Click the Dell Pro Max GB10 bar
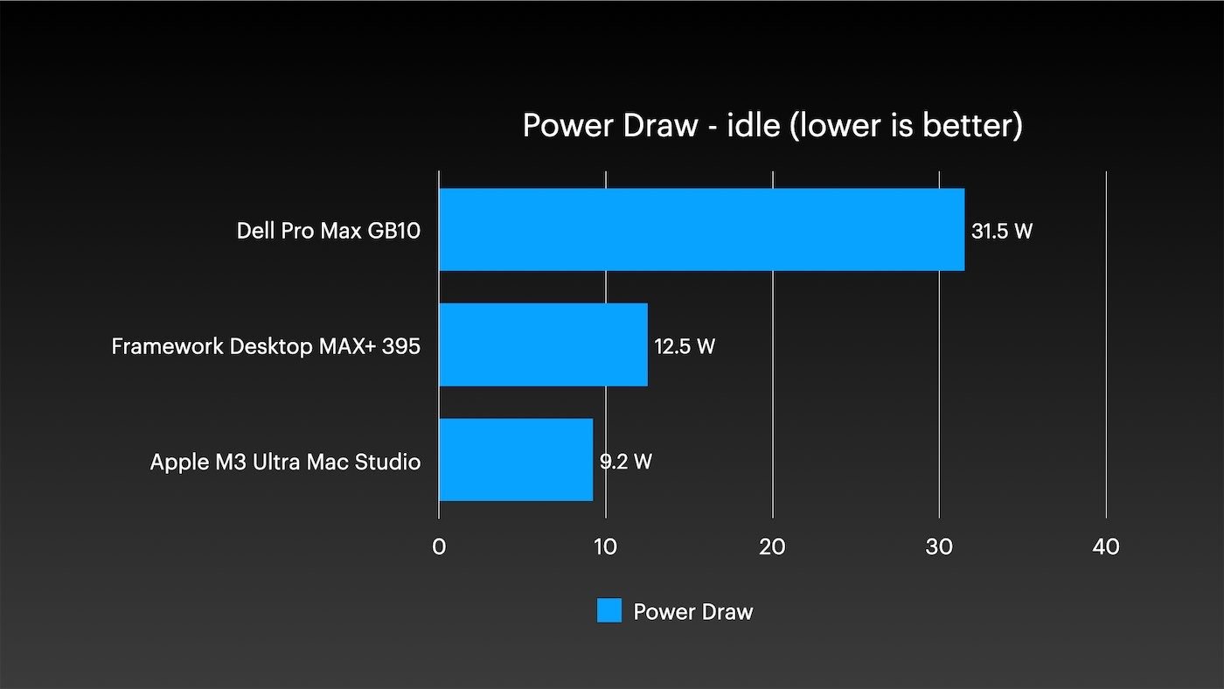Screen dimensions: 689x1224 (701, 229)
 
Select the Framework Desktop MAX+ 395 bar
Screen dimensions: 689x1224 (543, 344)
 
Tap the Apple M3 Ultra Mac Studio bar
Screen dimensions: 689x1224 (516, 460)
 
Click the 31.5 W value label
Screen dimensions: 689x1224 (1002, 233)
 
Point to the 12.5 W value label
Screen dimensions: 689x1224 (685, 347)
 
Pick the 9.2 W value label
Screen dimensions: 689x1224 (626, 462)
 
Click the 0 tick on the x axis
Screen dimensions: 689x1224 (439, 546)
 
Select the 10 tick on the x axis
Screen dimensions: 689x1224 (606, 546)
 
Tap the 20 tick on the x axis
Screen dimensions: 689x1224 (772, 546)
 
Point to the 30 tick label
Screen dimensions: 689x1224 (939, 546)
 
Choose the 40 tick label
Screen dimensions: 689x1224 (1106, 546)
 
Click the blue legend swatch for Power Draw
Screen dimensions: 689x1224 (609, 611)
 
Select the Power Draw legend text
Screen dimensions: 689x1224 (692, 612)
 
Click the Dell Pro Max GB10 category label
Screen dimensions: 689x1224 (329, 232)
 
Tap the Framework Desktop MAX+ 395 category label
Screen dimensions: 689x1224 (266, 346)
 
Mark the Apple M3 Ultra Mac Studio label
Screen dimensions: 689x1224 (285, 462)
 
